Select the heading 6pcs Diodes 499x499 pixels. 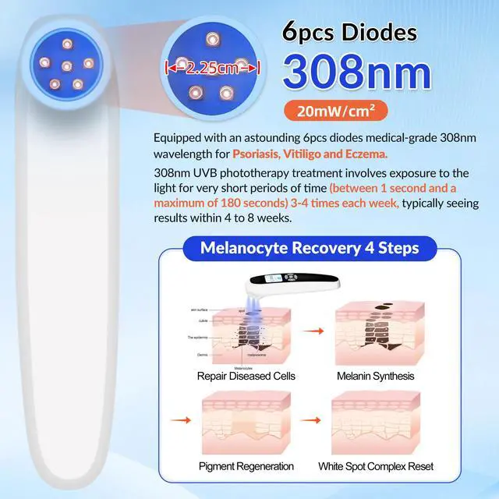349,33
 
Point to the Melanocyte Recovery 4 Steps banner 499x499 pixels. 310,248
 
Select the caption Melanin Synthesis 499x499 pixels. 375,376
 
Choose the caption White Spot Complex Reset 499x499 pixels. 376,466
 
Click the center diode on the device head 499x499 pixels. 68,65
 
